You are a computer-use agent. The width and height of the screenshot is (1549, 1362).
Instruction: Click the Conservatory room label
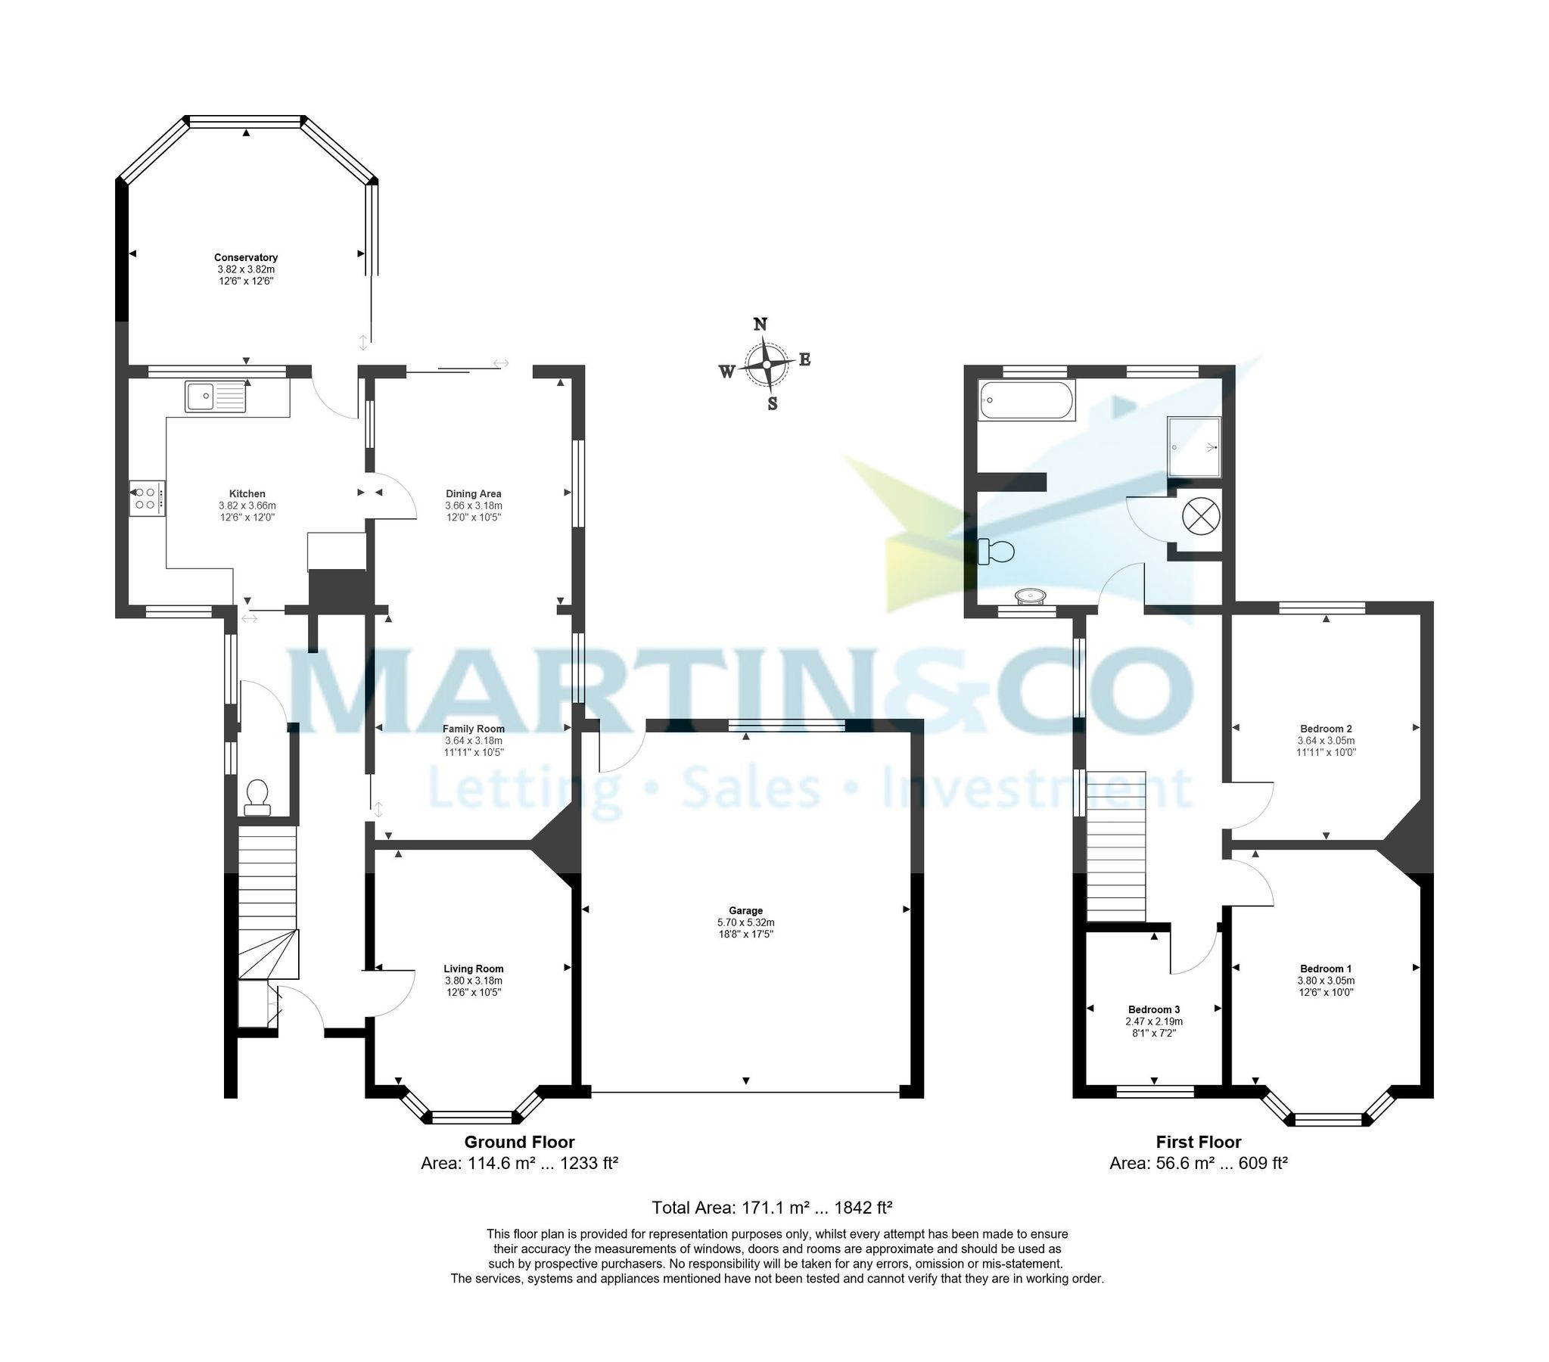pos(245,258)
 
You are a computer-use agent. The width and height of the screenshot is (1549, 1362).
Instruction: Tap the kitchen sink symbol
pos(215,396)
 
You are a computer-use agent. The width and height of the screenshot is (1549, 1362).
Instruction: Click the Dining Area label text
pos(474,493)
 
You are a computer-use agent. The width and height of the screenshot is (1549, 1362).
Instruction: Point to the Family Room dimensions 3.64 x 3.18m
pos(474,741)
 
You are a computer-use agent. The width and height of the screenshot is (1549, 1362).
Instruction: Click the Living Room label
pos(474,969)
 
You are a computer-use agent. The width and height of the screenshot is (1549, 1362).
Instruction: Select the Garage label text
pos(745,910)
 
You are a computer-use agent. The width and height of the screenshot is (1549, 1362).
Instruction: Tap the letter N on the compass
pos(760,325)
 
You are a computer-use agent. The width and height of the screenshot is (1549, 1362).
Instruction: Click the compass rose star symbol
pos(767,365)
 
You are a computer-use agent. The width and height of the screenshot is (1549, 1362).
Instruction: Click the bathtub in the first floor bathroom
pos(1027,400)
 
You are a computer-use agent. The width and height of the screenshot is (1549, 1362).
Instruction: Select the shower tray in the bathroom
pos(1194,447)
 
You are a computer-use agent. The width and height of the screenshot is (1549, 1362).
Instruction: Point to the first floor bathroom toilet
pos(995,551)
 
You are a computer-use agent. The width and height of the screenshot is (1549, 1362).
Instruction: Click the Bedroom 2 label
pos(1326,729)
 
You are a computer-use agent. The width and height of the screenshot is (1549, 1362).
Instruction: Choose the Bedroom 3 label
pos(1153,1009)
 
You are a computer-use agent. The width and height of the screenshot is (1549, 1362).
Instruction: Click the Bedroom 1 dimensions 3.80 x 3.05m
pos(1326,980)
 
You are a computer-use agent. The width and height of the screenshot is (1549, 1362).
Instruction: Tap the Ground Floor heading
pos(519,1142)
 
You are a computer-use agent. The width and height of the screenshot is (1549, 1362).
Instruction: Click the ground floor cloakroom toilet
pos(257,798)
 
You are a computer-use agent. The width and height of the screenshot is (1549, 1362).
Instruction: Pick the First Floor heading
pos(1198,1142)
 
